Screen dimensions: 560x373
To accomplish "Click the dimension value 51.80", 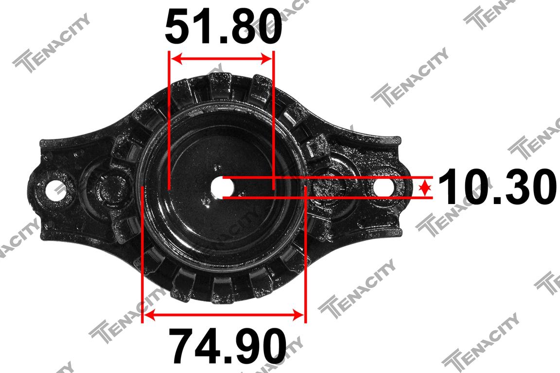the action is (x=224, y=26).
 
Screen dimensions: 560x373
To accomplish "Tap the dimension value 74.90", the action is (x=227, y=346).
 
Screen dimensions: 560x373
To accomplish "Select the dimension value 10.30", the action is (x=497, y=186).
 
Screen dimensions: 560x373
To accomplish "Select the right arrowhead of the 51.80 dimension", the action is (x=266, y=59).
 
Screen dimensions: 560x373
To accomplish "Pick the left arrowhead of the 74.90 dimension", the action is (x=149, y=315).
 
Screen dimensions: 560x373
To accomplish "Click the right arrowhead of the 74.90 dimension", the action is (x=298, y=315).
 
